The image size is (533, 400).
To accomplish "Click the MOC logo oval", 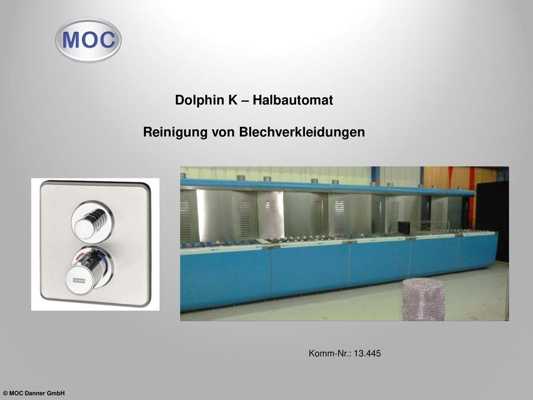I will tap(88, 40).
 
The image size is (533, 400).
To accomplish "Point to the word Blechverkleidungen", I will tap(301, 132).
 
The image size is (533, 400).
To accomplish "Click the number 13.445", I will tap(367, 354).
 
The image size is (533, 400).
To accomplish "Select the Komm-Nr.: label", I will tap(330, 354).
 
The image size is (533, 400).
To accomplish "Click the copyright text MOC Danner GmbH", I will tap(34, 393).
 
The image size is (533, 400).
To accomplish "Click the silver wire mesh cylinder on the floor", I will tap(423, 299).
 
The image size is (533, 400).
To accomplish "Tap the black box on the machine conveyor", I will tap(404, 226).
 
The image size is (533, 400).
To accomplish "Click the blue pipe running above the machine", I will tap(326, 187).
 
